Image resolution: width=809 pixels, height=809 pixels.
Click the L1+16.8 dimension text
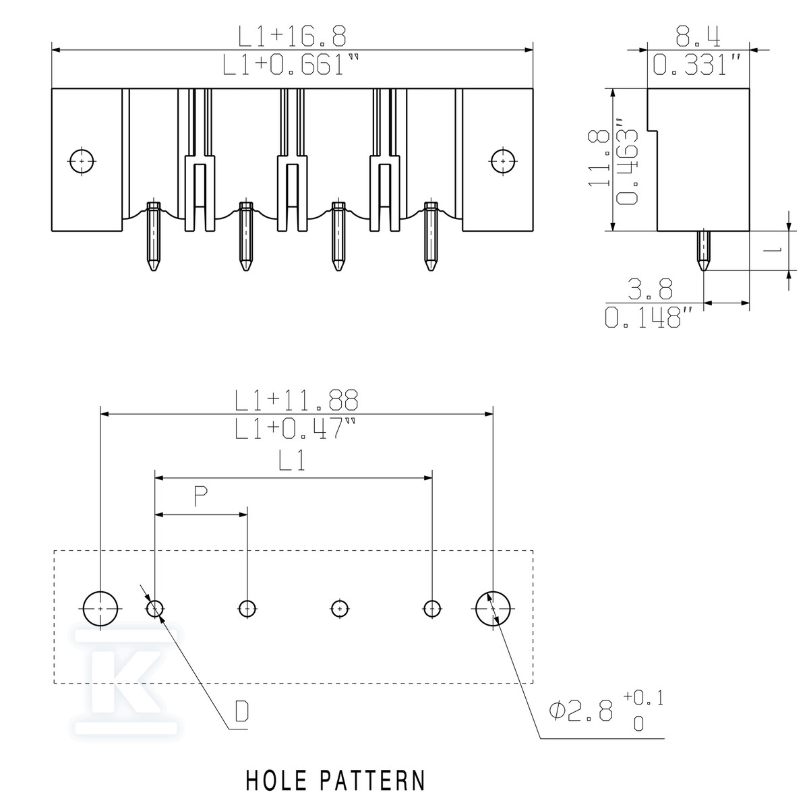pyautogui.click(x=292, y=36)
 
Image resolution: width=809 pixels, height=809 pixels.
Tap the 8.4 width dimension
pyautogui.click(x=698, y=36)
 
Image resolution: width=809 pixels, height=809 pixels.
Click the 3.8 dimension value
pyautogui.click(x=650, y=289)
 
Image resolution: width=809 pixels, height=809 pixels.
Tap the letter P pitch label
pyautogui.click(x=201, y=496)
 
